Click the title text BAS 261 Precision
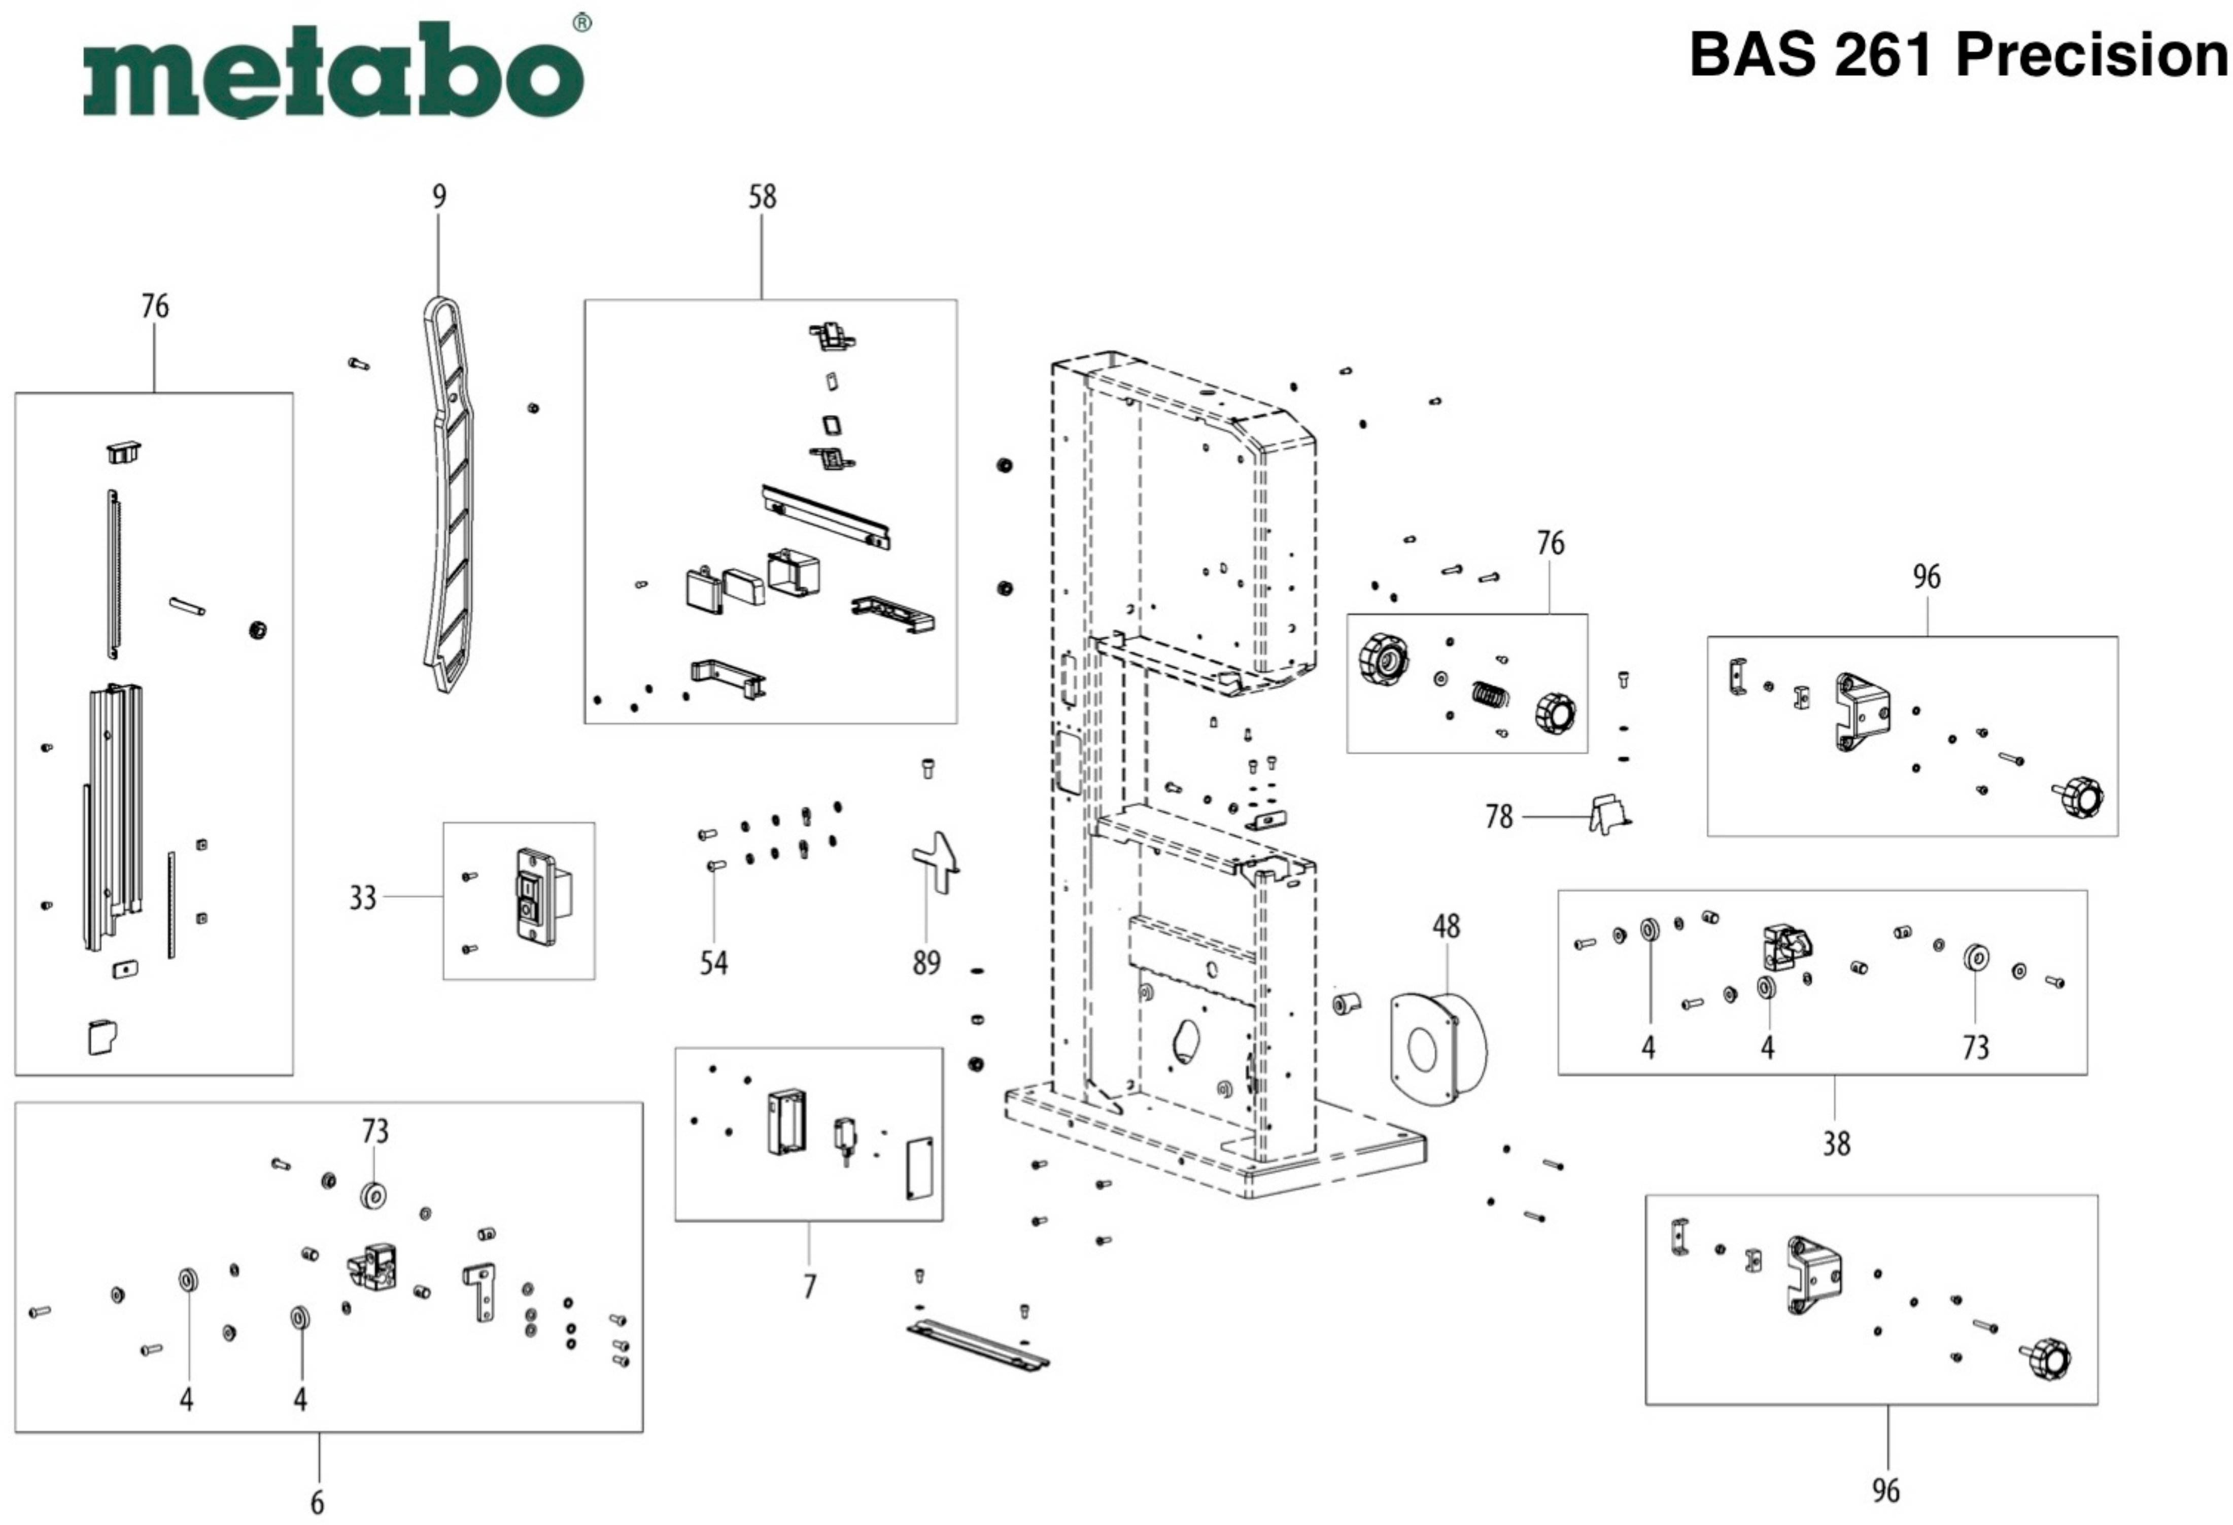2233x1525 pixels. (x=1958, y=55)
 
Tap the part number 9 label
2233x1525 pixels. (x=439, y=197)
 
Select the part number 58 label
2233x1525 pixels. (x=762, y=197)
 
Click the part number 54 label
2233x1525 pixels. (x=713, y=963)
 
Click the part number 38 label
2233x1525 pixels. (x=1836, y=1143)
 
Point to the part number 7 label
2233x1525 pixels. (x=809, y=1286)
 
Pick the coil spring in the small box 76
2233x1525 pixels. (x=1489, y=692)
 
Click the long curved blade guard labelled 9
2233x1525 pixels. (x=452, y=490)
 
